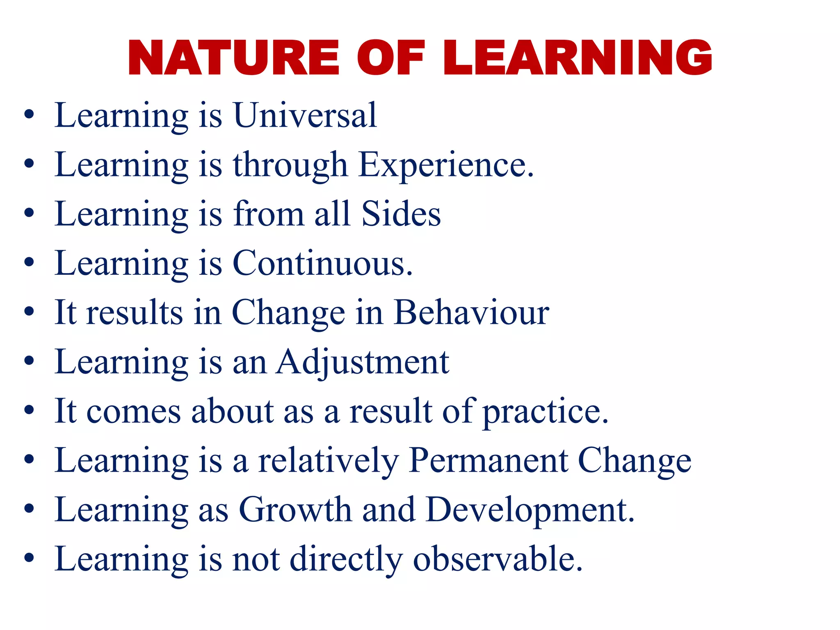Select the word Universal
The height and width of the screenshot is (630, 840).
point(305,116)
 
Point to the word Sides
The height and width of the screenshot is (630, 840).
point(401,214)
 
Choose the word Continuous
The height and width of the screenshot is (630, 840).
point(322,263)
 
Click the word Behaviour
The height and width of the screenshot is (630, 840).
point(471,313)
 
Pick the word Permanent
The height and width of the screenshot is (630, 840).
point(488,461)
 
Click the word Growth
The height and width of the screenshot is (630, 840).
point(295,510)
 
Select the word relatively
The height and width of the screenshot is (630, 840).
point(329,461)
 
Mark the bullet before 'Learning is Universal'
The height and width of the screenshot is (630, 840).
point(29,116)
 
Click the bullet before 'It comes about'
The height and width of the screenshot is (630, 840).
point(29,411)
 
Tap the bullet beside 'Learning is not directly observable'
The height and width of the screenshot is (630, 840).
point(29,559)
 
